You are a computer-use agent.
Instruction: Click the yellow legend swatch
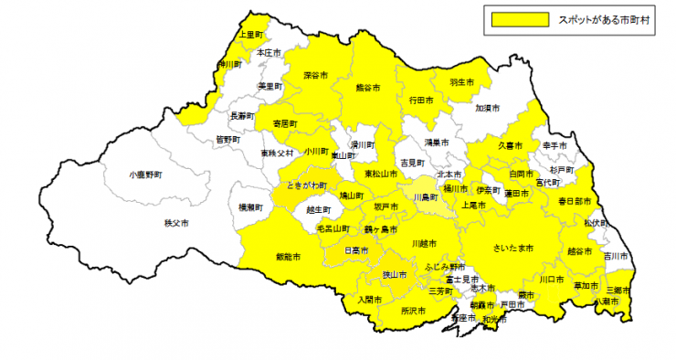tap(519, 17)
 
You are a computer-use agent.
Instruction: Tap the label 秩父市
tap(175, 223)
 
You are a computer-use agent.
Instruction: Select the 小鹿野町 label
tap(145, 173)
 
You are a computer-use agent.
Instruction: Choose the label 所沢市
tap(414, 311)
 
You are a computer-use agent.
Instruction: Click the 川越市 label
tap(424, 243)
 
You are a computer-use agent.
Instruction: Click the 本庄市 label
tap(269, 53)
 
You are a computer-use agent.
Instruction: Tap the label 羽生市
tap(462, 82)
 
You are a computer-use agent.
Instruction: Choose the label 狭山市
tap(395, 274)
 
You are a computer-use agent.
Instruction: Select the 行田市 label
tap(420, 99)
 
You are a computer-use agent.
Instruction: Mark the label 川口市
tap(550, 279)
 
